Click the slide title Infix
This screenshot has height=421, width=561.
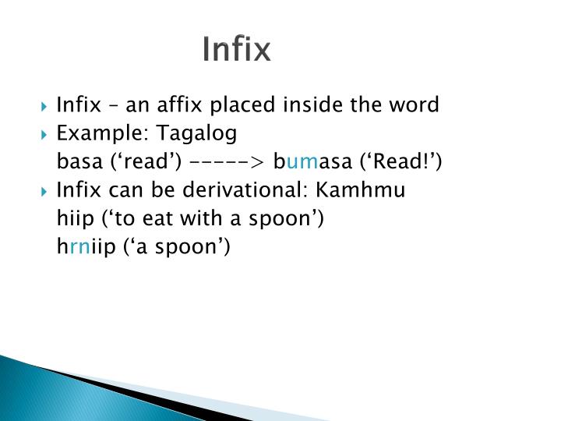[236, 49]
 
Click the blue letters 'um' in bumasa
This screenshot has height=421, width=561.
[298, 162]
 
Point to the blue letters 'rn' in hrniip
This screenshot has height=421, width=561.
[79, 247]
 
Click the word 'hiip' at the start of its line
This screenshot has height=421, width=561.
[73, 219]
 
